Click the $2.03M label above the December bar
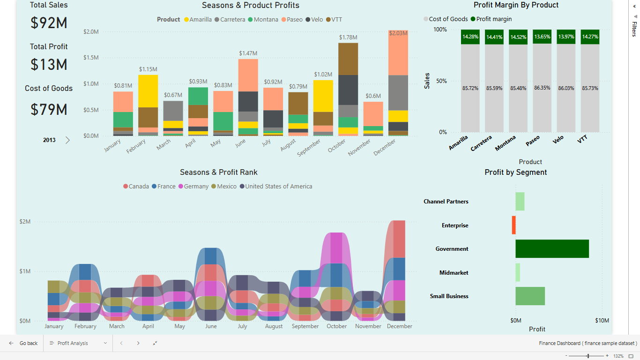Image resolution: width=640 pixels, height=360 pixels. coord(398,33)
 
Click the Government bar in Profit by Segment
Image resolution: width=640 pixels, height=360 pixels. coord(552,249)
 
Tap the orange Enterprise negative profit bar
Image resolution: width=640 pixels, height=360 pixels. coord(513,225)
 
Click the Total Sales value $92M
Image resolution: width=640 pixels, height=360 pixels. coord(49,23)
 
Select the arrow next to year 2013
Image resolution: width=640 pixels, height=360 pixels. coord(67,140)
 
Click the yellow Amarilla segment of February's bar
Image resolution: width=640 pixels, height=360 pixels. coord(148,91)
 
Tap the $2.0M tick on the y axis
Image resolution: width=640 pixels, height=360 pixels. coord(91,32)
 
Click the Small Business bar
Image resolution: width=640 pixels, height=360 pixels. coord(530,296)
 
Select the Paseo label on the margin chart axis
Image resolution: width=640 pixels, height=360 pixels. coord(533,141)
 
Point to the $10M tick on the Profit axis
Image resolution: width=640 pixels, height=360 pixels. coord(602,321)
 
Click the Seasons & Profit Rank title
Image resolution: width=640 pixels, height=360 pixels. coord(218,172)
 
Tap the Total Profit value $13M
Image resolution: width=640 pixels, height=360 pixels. coord(49,65)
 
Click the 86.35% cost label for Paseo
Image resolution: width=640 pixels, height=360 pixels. coord(542,88)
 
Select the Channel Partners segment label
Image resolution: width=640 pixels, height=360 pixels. coord(446,202)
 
